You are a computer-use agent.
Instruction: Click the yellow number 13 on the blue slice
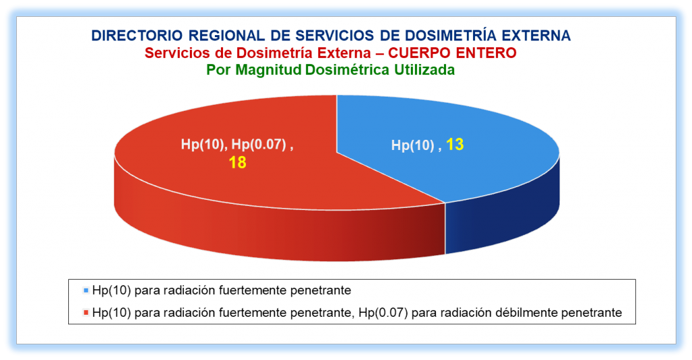[455, 145]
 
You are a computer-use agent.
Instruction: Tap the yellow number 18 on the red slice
[237, 162]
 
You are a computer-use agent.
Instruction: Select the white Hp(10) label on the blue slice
[413, 145]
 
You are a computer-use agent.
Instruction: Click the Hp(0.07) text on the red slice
[259, 145]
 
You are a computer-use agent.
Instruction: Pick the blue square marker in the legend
[86, 290]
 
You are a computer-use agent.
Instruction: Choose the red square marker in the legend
[86, 313]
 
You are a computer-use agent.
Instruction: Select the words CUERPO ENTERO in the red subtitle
[452, 53]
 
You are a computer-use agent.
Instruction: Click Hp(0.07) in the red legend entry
[382, 313]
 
